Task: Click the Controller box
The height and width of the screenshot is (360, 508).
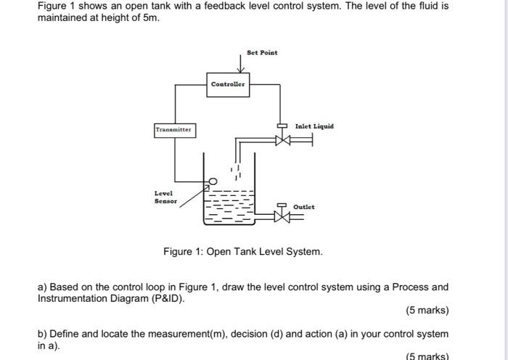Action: (x=229, y=84)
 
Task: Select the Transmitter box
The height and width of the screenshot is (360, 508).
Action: (x=174, y=130)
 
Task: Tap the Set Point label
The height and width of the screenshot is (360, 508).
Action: (x=262, y=52)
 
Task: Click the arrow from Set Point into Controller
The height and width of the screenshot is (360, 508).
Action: (x=247, y=65)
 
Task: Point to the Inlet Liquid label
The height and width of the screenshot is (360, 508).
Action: (x=314, y=126)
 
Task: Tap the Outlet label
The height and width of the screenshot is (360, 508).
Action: (x=303, y=207)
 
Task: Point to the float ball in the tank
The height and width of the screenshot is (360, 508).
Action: (x=213, y=181)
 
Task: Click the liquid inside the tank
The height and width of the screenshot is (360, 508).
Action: (x=229, y=207)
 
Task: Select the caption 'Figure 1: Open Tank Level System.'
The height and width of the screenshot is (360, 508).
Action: (x=242, y=252)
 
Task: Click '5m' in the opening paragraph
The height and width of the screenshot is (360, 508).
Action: (x=150, y=17)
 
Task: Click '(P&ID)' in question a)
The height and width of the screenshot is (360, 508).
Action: (x=164, y=298)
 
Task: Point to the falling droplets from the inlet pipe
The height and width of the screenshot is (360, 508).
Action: (x=235, y=171)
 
